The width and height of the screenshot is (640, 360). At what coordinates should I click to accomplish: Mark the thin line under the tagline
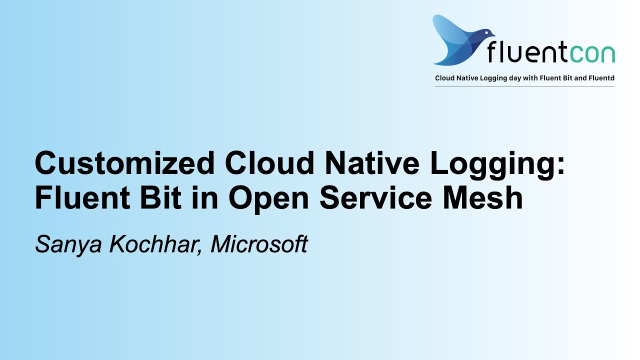tap(524, 87)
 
